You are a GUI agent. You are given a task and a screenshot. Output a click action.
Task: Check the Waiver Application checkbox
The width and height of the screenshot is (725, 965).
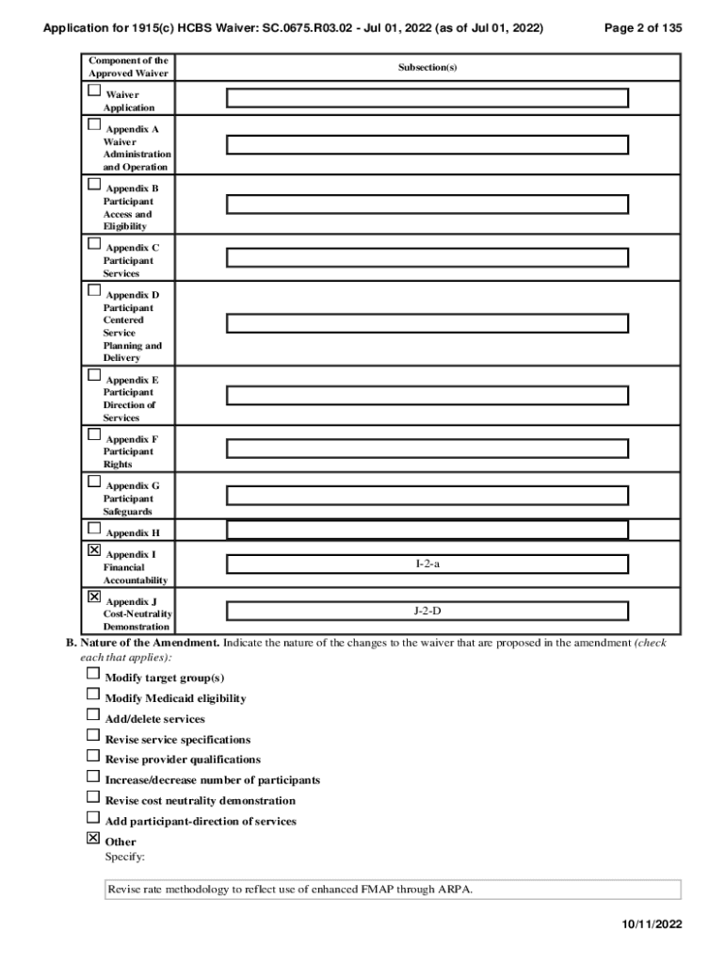(93, 91)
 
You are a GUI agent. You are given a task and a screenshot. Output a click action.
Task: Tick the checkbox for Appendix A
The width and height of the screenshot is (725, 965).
(93, 124)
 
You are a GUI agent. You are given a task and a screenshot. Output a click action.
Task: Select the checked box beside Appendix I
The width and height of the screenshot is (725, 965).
(93, 549)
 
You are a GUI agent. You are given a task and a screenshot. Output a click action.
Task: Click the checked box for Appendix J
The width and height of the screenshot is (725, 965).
(93, 597)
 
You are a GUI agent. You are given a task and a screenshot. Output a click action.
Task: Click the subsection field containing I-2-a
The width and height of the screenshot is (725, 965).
(427, 564)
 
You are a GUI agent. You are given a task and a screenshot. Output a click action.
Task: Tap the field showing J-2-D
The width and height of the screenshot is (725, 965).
(427, 611)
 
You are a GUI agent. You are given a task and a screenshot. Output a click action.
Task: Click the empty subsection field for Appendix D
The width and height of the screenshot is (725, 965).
(427, 323)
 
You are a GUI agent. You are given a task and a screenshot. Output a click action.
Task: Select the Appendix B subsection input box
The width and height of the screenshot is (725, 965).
(427, 204)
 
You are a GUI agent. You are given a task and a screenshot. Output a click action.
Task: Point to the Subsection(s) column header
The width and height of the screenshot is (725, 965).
(427, 68)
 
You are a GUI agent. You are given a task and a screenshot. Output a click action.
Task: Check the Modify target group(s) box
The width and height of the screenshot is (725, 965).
(93, 674)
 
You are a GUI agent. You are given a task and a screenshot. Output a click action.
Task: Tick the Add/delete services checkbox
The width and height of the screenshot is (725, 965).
(93, 714)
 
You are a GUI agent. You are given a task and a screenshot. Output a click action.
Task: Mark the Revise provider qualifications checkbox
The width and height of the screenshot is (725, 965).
(93, 755)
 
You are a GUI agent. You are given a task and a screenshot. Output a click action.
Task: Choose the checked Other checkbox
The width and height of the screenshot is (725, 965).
(93, 837)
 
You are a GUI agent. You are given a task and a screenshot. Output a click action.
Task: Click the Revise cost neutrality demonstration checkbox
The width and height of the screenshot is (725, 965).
(93, 796)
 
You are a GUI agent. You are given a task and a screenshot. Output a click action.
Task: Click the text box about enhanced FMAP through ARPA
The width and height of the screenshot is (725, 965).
(393, 890)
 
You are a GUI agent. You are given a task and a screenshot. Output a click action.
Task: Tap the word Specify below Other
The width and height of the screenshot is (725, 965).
(124, 857)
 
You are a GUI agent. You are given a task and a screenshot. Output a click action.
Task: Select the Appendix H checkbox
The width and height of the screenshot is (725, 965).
(93, 528)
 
